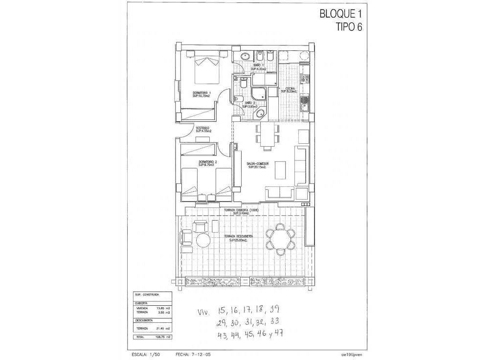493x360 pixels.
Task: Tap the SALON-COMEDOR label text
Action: pos(257,165)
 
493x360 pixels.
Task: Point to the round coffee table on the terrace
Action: pos(202,240)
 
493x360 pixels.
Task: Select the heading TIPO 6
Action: pos(349,27)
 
